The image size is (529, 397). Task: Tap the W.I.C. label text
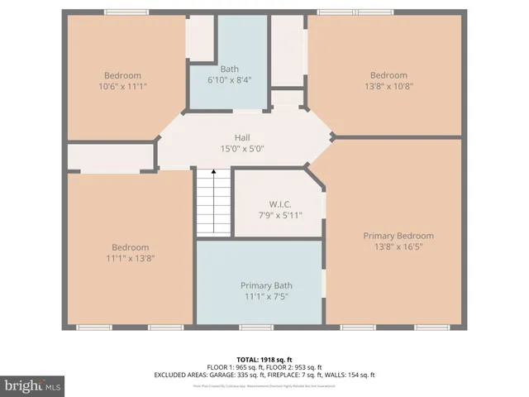pos(280,203)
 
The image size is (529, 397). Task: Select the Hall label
pos(241,138)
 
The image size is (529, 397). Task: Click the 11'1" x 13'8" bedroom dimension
pos(130,258)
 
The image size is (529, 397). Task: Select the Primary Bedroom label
pos(398,236)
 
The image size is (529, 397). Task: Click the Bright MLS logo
pos(33,385)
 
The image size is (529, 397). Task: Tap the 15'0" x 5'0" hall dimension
pos(241,149)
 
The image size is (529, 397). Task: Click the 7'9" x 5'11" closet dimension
pos(280,215)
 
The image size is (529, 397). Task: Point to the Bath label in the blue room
pos(229,69)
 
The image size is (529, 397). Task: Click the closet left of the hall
pos(110,155)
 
